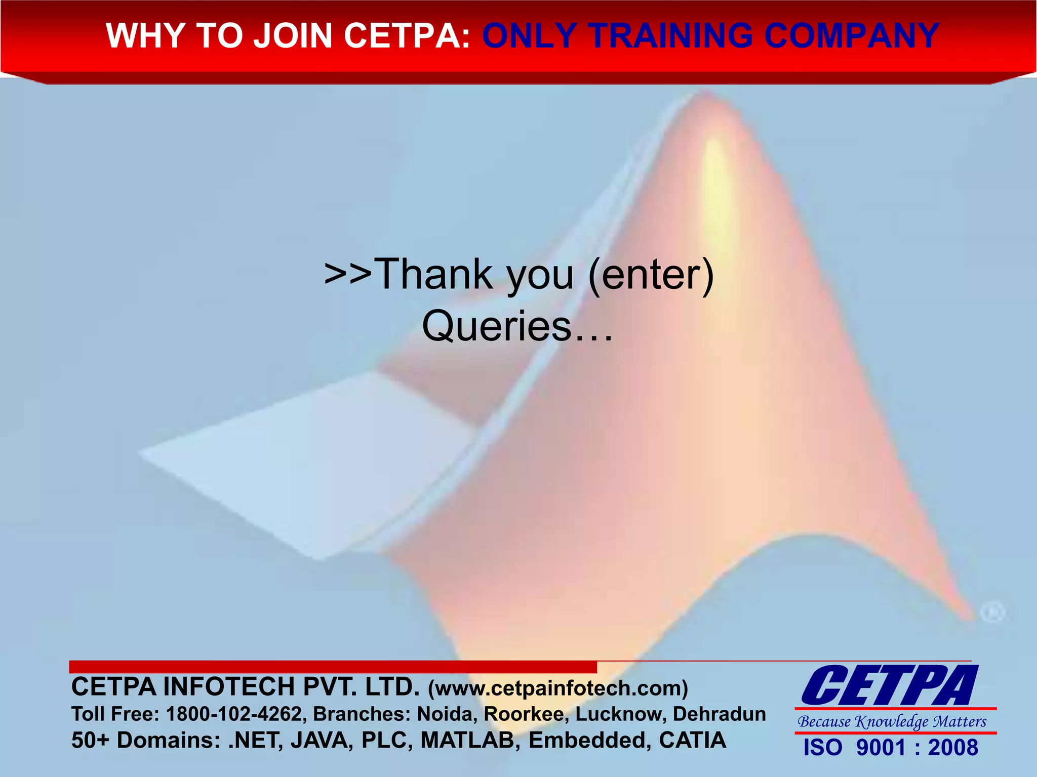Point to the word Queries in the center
point(496,326)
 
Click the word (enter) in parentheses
point(651,274)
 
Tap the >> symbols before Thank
point(348,274)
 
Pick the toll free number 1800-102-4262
point(234,714)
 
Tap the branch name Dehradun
point(719,714)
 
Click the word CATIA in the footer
point(692,740)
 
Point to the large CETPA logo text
point(890,686)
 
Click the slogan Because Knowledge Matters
point(892,721)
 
